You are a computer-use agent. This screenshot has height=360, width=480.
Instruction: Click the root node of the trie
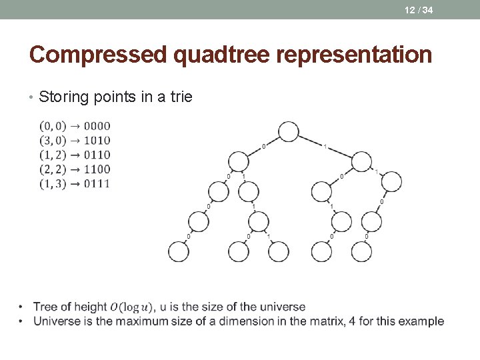tap(289, 131)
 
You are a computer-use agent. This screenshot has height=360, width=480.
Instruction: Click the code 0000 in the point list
tap(97, 126)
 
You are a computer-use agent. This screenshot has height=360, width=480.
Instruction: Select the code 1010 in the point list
tap(97, 141)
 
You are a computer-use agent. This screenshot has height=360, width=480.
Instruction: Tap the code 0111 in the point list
tap(97, 183)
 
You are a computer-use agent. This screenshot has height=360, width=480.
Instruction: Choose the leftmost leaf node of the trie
tap(178, 251)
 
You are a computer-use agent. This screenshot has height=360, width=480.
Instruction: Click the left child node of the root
tap(239, 161)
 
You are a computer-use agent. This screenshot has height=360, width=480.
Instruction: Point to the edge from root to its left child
tap(263, 146)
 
